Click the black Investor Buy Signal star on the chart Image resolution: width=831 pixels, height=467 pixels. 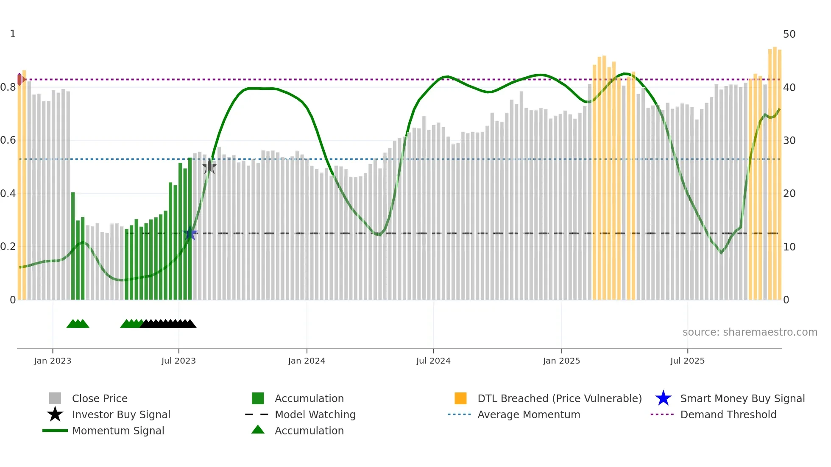pos(209,167)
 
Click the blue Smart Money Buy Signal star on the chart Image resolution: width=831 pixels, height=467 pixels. pos(190,234)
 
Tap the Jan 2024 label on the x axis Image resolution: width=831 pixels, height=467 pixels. pos(307,361)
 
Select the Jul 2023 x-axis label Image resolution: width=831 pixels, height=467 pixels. pos(178,361)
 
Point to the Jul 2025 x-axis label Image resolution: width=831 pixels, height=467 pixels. pos(687,361)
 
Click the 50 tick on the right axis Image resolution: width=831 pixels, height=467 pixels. pos(789,34)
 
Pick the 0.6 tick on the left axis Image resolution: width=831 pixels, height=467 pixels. pos(8,140)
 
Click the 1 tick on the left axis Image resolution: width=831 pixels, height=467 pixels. pos(13,34)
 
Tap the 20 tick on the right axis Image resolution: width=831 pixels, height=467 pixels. pos(789,194)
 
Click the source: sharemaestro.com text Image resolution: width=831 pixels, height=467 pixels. pos(750,332)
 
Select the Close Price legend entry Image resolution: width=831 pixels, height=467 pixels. pos(100,399)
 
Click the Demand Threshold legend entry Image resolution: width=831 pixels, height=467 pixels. pos(728,415)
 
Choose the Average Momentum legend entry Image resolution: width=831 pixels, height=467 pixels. pos(528,415)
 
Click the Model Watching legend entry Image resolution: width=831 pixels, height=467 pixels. pos(315,415)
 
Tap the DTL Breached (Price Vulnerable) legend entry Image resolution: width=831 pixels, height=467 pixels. pos(559,399)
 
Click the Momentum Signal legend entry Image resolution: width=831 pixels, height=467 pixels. pos(118,431)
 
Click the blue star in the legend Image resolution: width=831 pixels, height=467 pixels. pos(663,398)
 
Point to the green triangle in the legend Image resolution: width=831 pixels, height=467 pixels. pos(258,430)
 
